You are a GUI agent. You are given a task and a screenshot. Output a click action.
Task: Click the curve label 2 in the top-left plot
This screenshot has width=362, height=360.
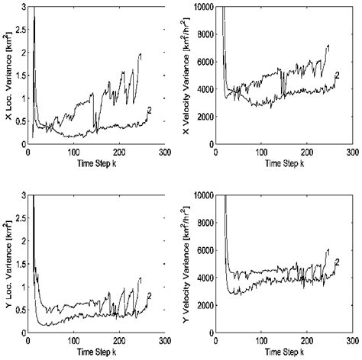tap(150, 112)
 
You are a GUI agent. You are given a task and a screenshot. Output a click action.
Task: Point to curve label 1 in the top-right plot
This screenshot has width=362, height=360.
tap(329, 47)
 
